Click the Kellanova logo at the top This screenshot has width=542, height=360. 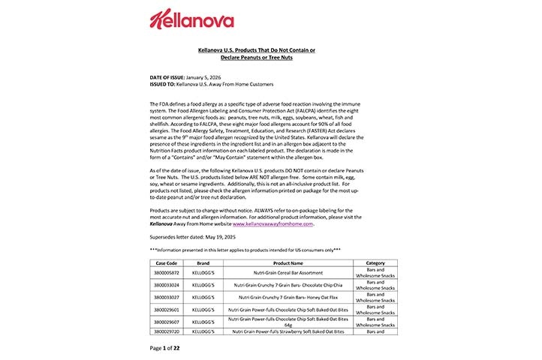[x=191, y=20]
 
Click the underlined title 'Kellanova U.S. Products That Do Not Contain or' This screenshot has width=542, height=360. [x=256, y=49]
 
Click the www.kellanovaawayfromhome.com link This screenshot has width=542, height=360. [x=273, y=223]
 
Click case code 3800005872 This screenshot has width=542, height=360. [x=166, y=274]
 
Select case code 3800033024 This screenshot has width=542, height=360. [x=166, y=286]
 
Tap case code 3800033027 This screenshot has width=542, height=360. [x=166, y=297]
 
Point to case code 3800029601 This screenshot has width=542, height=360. [x=166, y=309]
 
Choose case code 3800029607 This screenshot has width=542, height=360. [x=166, y=321]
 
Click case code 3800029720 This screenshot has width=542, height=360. [x=166, y=331]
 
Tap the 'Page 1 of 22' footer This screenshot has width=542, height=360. [x=164, y=348]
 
